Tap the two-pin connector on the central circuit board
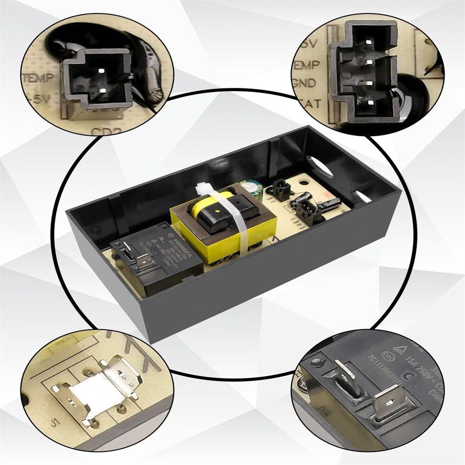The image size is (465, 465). (x=280, y=189)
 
